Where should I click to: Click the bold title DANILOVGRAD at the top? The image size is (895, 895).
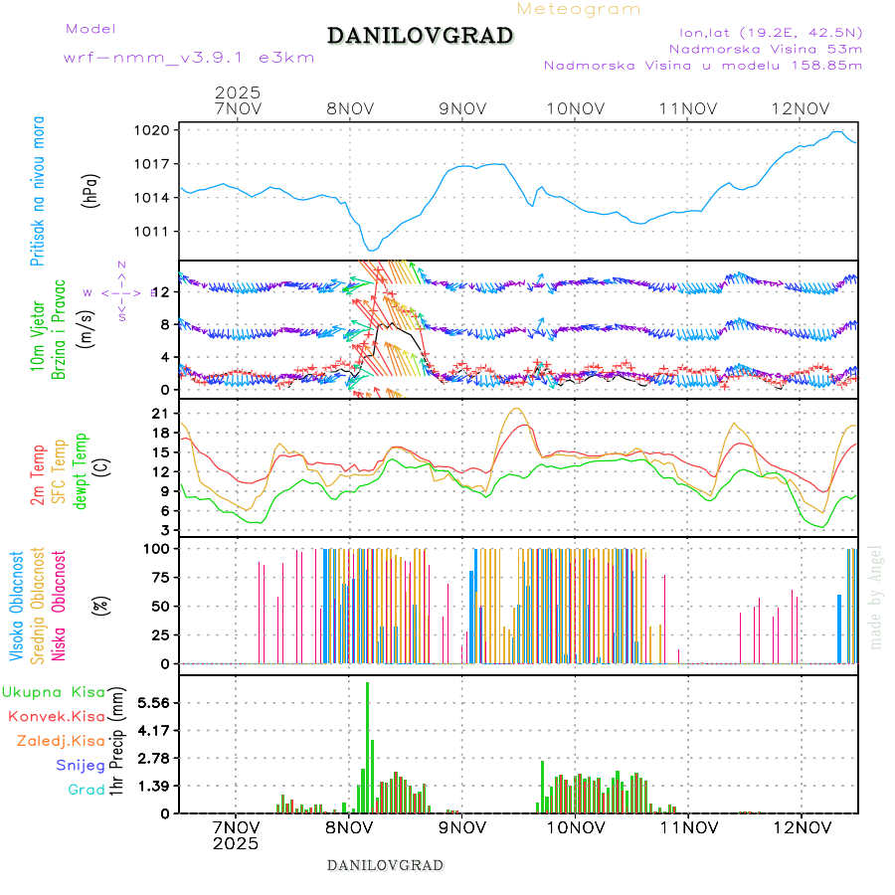tap(420, 36)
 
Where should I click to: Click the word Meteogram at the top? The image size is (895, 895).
tap(579, 9)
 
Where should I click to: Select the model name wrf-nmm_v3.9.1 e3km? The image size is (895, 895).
tap(189, 58)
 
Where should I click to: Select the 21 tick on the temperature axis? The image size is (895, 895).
tap(163, 413)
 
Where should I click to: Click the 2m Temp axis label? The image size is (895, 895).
tap(38, 476)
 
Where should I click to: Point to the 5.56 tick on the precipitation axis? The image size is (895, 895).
tap(155, 703)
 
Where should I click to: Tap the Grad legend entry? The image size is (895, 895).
tap(86, 791)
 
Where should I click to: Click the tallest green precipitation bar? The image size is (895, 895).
tap(367, 746)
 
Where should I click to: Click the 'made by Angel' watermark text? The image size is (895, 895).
tap(876, 597)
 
